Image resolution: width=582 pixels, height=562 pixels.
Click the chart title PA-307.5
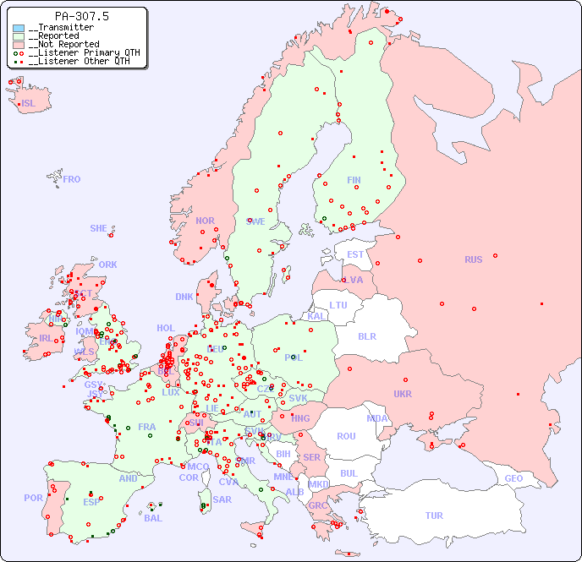coord(81,16)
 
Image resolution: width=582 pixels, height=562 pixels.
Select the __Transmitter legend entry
coord(60,27)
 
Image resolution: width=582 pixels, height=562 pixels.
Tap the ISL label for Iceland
coord(29,104)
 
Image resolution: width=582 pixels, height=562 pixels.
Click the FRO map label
coord(72,179)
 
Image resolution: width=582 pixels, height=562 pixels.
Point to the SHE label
coord(99,228)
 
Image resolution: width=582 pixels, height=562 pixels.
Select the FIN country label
coord(354,180)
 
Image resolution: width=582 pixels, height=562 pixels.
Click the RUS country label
coord(473,259)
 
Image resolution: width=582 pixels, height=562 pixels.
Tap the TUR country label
coord(434,516)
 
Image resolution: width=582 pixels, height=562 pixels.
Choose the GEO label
coord(513,478)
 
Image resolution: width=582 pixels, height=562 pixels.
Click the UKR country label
coord(403,394)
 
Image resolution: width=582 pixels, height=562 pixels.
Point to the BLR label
coord(366,336)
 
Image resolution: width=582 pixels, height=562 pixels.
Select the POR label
coord(33,498)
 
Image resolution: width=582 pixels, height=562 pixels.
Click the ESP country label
coord(91,501)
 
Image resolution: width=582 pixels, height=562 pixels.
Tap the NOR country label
coord(205,221)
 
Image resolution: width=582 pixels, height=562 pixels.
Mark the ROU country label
coord(346,436)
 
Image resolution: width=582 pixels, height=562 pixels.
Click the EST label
coord(355,254)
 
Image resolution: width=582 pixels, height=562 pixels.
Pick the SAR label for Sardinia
coord(222,499)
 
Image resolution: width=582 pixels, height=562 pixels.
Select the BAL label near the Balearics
coord(153,518)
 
